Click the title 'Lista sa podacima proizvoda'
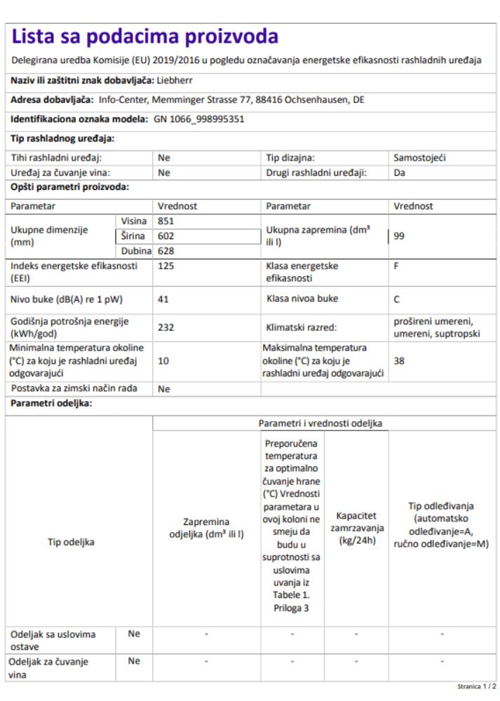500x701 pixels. coord(145,36)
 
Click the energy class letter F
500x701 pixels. coord(396,267)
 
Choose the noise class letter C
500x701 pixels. coord(397,299)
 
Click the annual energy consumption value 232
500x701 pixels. coord(167,327)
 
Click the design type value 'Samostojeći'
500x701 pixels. coord(419,158)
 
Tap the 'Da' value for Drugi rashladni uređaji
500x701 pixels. coord(399,172)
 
